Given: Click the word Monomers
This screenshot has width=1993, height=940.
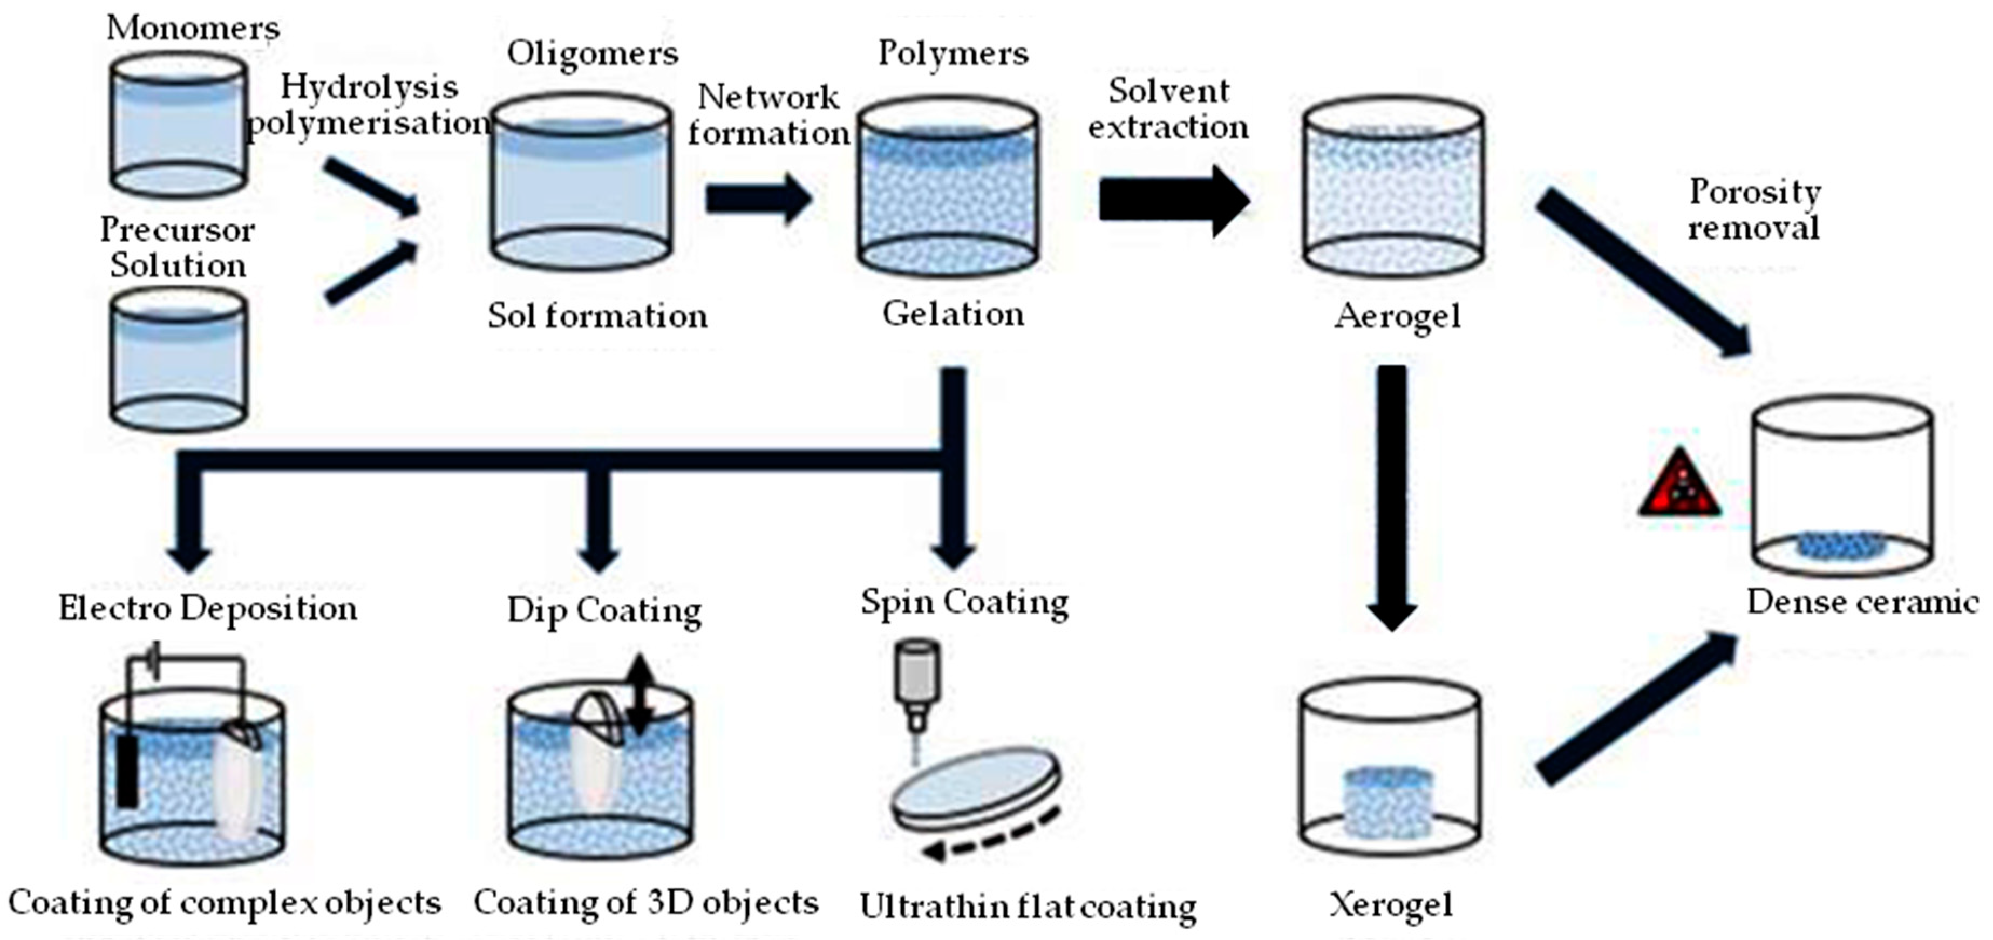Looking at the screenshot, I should click(x=193, y=28).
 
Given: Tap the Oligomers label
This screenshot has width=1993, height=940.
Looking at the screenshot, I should click(x=593, y=54).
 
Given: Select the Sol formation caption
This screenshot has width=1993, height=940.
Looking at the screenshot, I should click(x=597, y=316).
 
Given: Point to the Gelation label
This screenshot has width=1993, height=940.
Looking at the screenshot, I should click(x=953, y=314).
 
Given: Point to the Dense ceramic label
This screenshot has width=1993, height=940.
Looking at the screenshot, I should click(x=1861, y=602).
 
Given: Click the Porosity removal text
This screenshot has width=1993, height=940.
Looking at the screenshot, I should click(x=1754, y=209).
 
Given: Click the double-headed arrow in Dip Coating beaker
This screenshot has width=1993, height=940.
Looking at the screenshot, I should click(x=640, y=695).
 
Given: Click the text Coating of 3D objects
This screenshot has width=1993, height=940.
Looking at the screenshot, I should click(x=646, y=903).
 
